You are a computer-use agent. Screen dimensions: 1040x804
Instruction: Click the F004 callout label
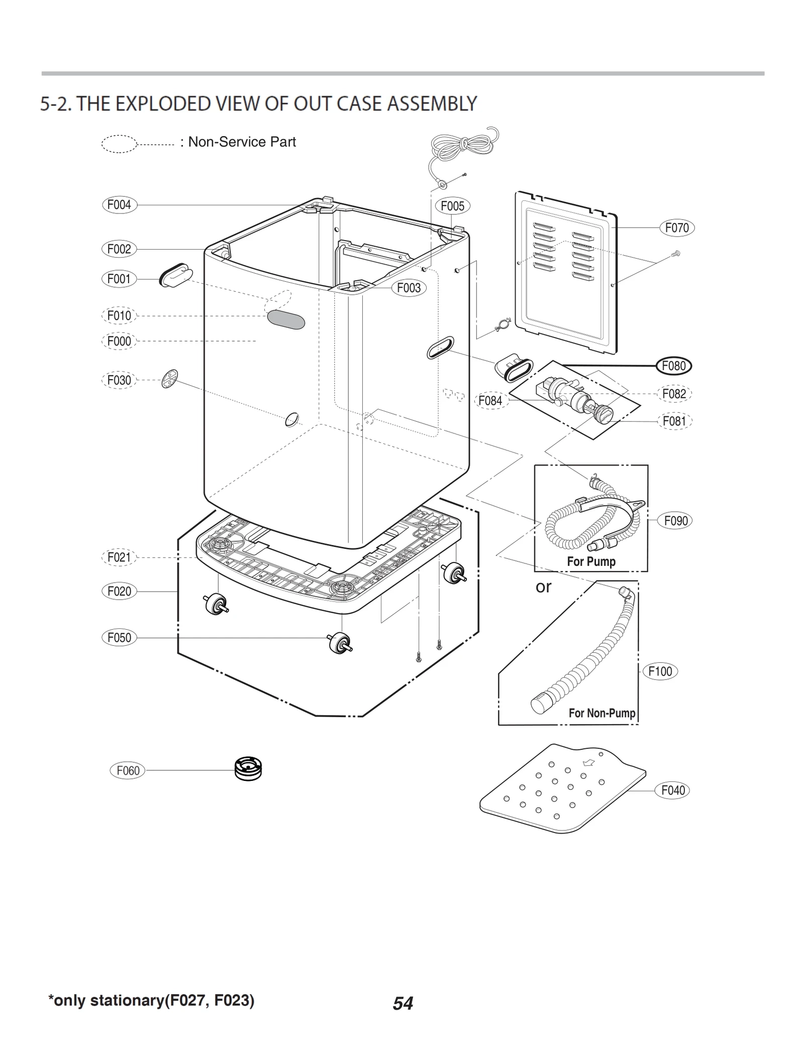(119, 205)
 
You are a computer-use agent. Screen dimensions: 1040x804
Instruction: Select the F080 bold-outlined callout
(674, 366)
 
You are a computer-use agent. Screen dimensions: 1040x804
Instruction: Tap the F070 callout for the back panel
(676, 228)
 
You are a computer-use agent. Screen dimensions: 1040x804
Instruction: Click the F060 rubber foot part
(248, 769)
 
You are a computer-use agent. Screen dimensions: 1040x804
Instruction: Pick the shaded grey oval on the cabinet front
(286, 319)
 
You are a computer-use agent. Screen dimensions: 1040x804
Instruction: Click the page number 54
(403, 1003)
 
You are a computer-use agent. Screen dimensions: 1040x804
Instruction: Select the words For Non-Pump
(601, 713)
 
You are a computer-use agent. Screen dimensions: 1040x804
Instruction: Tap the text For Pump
(591, 561)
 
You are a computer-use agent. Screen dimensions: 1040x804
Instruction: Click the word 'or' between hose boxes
(543, 587)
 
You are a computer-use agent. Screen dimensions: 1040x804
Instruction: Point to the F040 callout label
(672, 790)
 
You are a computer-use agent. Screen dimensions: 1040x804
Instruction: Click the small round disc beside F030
(170, 379)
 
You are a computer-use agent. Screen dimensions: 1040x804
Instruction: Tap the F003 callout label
(409, 288)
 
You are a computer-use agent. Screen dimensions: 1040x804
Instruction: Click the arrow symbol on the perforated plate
(588, 763)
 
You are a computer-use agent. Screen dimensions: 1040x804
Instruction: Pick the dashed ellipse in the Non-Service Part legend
(119, 144)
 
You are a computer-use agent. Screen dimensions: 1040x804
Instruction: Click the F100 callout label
(660, 671)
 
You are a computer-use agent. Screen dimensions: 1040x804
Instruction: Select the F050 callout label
(119, 638)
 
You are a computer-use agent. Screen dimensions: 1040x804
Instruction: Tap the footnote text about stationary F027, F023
(151, 1000)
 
